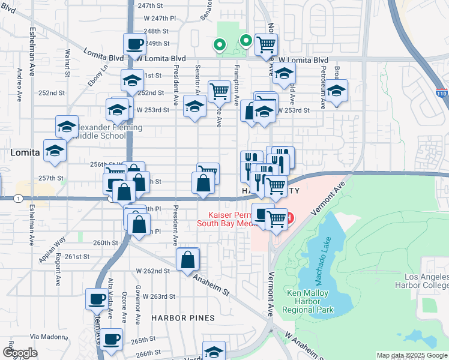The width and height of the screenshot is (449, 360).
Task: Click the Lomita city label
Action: point(25,153)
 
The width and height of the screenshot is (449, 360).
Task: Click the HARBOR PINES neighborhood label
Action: point(183,317)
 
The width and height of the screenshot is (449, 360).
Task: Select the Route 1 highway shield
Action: point(20,198)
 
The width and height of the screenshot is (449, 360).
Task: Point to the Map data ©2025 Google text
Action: point(411,355)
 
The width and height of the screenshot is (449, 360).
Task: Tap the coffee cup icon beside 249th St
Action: point(134,44)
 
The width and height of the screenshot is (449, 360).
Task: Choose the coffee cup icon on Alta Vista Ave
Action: point(97,298)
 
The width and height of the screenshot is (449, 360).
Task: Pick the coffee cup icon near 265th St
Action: point(111,339)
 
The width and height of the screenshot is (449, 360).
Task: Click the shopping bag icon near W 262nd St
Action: point(188,260)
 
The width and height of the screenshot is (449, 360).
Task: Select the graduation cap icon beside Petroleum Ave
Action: point(336,92)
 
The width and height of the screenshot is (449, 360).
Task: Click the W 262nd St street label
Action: point(152,271)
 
